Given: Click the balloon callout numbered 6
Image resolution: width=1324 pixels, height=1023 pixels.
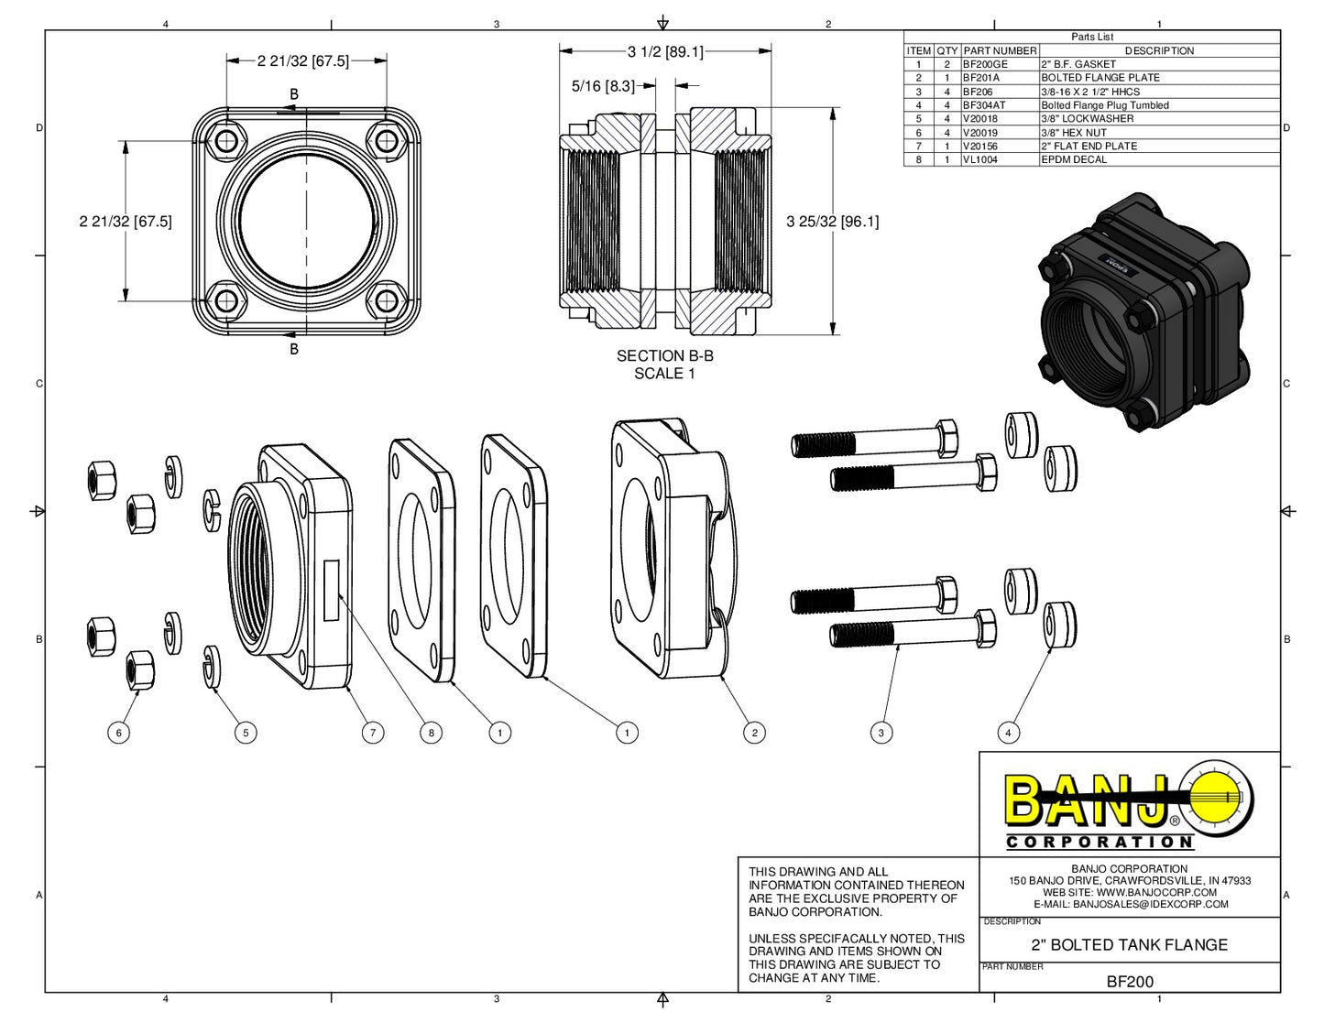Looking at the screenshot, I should [x=118, y=733].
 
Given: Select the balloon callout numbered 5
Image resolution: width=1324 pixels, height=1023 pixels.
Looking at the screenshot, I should [x=245, y=733].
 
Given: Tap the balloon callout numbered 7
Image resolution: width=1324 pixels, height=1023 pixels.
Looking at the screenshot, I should [x=372, y=733].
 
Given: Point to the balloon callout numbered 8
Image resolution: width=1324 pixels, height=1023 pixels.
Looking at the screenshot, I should [x=431, y=733].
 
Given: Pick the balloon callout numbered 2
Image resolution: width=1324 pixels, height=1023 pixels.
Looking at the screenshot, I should [x=754, y=733].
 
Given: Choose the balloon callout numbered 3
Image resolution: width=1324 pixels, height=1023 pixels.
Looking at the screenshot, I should [x=881, y=733].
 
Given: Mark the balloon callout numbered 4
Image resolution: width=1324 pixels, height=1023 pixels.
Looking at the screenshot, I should [x=1008, y=733].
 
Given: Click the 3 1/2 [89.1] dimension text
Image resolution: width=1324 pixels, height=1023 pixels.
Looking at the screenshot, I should [x=665, y=52].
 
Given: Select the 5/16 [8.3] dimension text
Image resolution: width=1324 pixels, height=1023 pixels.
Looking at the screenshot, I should [x=603, y=86].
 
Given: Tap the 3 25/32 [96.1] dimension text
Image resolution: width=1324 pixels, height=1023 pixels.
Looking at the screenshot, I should [x=832, y=222].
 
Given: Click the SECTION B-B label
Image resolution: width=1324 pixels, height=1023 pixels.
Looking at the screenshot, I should [x=664, y=356].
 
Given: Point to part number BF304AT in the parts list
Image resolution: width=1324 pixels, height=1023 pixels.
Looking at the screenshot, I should [x=984, y=105].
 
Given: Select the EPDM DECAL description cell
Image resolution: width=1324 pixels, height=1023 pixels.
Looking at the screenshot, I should [x=1074, y=159].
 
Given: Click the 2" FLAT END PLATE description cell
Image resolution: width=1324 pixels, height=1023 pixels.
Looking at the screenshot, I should [x=1089, y=146].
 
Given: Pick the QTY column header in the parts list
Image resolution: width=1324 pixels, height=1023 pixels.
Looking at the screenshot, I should [x=947, y=51].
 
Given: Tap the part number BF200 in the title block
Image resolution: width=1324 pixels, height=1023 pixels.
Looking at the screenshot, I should [x=1130, y=982].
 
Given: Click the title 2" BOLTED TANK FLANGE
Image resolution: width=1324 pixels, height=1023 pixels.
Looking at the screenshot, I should [x=1130, y=945].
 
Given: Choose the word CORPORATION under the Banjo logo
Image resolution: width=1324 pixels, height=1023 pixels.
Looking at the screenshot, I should [x=1100, y=842].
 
